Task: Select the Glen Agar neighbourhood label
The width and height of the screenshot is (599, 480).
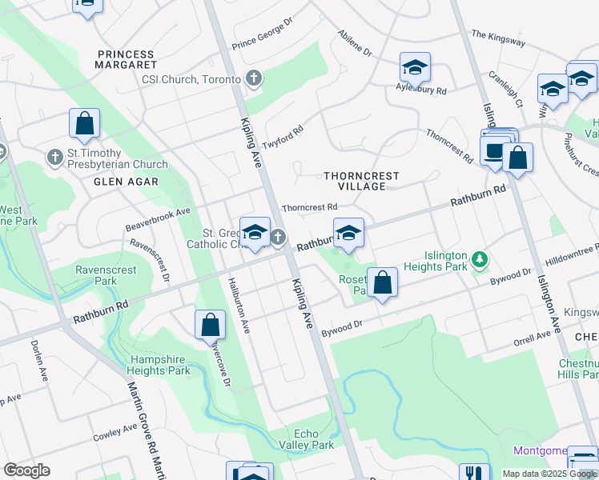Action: pyautogui.click(x=126, y=182)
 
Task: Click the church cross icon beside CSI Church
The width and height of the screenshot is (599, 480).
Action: pyautogui.click(x=254, y=78)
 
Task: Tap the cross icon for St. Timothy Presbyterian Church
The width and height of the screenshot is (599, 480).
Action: pyautogui.click(x=55, y=156)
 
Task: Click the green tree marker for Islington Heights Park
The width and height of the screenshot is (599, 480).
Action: pyautogui.click(x=480, y=259)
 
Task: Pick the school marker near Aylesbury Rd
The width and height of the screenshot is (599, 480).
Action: pyautogui.click(x=415, y=69)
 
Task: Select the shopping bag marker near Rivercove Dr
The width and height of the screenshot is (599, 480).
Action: pyautogui.click(x=210, y=325)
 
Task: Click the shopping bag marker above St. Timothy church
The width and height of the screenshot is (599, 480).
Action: pyautogui.click(x=84, y=124)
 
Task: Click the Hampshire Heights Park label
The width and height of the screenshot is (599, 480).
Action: pyautogui.click(x=160, y=365)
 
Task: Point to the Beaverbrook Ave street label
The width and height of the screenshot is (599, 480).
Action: pyautogui.click(x=158, y=221)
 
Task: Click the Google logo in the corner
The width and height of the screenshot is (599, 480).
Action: pyautogui.click(x=26, y=470)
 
